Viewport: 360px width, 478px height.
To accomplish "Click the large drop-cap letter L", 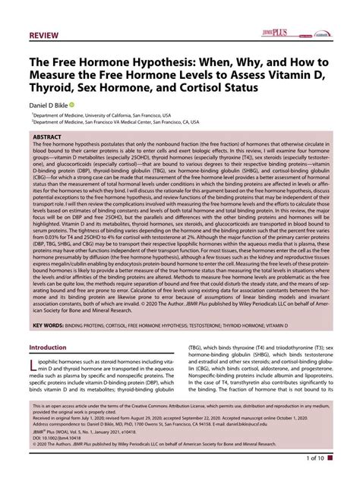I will click(36, 368).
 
